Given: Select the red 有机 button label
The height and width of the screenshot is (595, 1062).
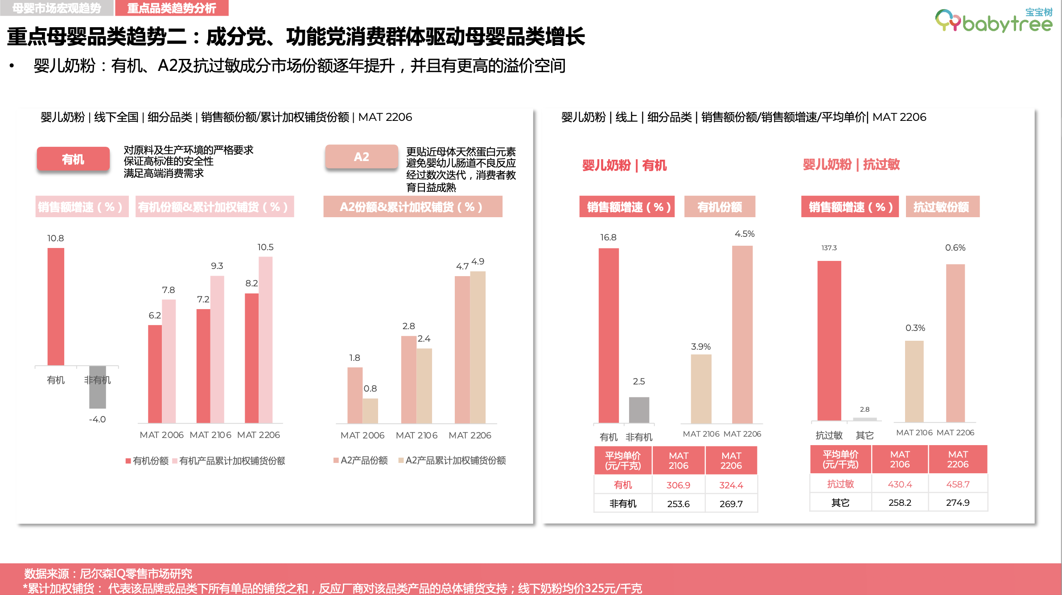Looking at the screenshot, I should point(73,159).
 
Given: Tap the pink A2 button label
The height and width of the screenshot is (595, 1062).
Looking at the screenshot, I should point(361,157).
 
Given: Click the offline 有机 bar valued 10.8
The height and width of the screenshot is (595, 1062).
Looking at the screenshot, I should point(56,306).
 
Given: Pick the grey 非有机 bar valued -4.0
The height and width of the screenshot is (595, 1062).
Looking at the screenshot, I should point(97,387).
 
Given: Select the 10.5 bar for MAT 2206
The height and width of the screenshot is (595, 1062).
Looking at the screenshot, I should point(266,339).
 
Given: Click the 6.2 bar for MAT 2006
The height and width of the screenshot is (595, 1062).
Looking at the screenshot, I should point(155,374).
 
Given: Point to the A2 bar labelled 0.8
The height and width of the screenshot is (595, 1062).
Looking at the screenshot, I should point(370,410).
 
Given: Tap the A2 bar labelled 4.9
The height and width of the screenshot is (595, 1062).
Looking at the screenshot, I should point(478,347).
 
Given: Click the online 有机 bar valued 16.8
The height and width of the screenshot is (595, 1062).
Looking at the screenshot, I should point(609,335).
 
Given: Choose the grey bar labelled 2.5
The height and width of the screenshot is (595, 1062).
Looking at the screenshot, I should point(639,409).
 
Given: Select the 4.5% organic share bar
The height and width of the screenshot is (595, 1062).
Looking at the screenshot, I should point(742,334).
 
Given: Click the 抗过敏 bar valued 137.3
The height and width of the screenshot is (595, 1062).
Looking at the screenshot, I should point(829,341).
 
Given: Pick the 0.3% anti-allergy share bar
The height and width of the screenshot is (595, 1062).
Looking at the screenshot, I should point(914,381).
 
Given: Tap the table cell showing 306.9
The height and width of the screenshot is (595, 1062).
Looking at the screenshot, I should point(678,485).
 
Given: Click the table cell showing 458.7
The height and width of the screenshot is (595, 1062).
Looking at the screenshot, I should point(958,484).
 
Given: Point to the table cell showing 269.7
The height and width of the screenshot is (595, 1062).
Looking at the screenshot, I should point(731,504).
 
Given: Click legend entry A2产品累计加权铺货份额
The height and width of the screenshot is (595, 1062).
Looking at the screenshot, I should point(455,460).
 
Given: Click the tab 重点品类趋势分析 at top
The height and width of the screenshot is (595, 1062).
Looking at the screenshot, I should point(172,8).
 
